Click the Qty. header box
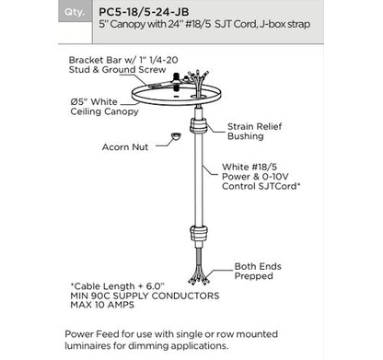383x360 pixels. click(75, 12)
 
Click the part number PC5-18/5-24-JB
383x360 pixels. click(144, 12)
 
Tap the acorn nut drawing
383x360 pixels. click(176, 136)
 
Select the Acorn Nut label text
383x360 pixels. click(125, 147)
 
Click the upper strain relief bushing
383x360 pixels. click(199, 125)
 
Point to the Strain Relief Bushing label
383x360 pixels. click(254, 131)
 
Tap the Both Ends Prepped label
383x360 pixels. click(258, 271)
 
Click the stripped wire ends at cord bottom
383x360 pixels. click(199, 273)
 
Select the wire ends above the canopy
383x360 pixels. click(198, 79)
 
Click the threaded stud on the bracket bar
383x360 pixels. click(176, 79)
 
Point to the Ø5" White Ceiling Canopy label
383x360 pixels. click(104, 107)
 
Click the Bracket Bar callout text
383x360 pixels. click(123, 64)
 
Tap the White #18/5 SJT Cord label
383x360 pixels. click(261, 177)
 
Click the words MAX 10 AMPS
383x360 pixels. click(102, 305)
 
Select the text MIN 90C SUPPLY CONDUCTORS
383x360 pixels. click(145, 296)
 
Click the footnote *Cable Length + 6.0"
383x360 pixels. click(118, 286)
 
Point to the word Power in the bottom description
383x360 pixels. click(79, 334)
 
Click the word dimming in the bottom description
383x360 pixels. click(148, 346)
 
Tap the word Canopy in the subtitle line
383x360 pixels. click(128, 24)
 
